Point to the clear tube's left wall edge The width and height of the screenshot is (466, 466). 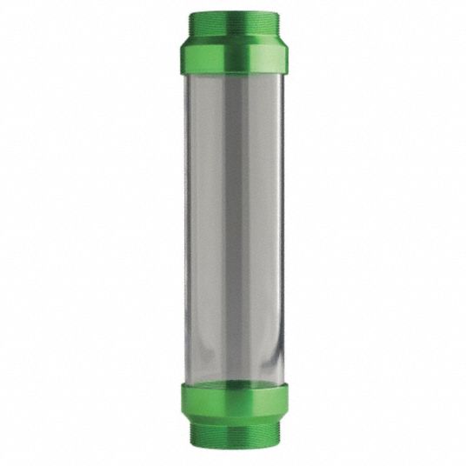pos(189,226)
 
